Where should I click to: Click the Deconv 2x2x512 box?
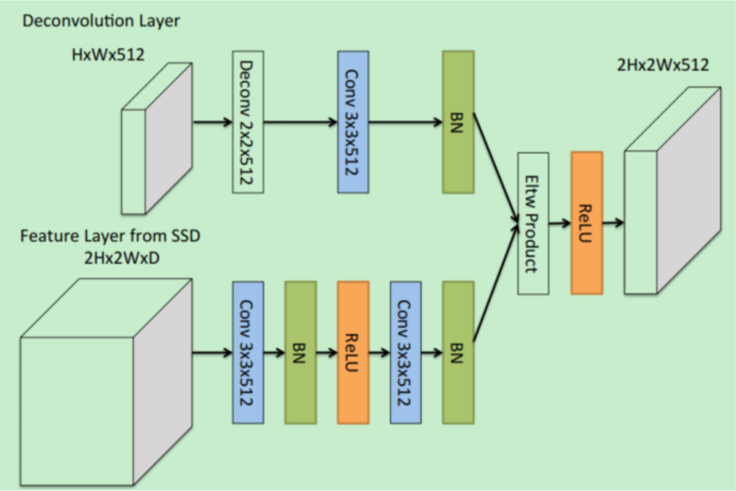pyautogui.click(x=247, y=122)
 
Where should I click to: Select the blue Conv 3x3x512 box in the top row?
pyautogui.click(x=353, y=122)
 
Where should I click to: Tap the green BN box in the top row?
pyautogui.click(x=457, y=122)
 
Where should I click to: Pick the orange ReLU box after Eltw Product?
pyautogui.click(x=586, y=223)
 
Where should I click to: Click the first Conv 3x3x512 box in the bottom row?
pyautogui.click(x=247, y=353)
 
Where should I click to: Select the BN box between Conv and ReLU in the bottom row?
pyautogui.click(x=300, y=353)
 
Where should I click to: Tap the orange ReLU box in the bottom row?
pyautogui.click(x=353, y=353)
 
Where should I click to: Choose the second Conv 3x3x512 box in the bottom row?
pyautogui.click(x=405, y=353)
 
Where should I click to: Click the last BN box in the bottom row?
pyautogui.click(x=457, y=353)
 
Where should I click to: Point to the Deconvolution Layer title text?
pyautogui.click(x=101, y=21)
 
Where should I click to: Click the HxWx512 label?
pyautogui.click(x=105, y=55)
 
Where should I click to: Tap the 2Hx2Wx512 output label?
pyautogui.click(x=663, y=65)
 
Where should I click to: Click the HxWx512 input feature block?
pyautogui.click(x=156, y=139)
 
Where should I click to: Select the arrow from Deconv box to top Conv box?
pyautogui.click(x=300, y=123)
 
